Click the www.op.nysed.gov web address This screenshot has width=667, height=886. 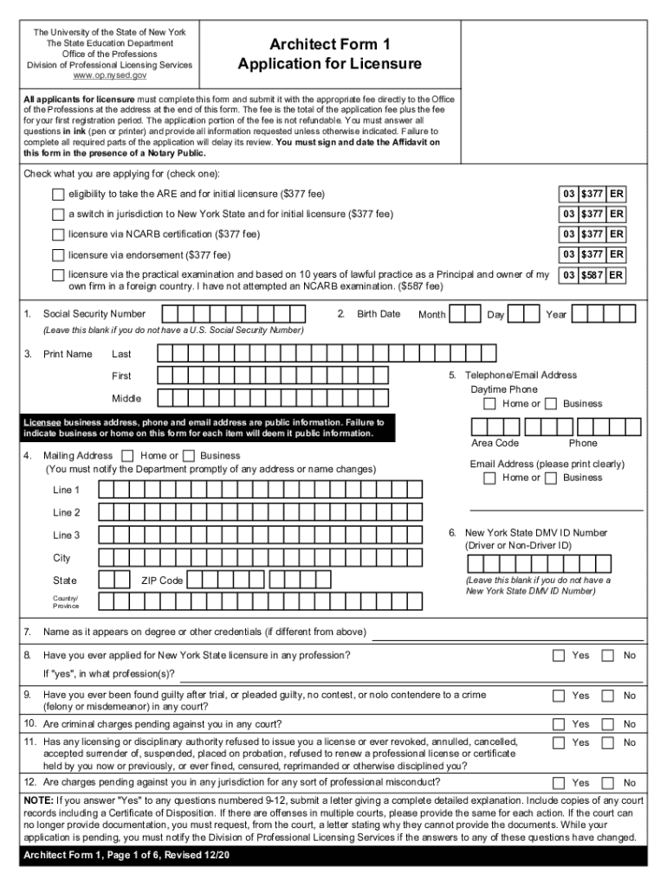109,76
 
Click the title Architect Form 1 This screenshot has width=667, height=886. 330,44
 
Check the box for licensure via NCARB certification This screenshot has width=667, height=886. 58,234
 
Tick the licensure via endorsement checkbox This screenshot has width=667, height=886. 58,255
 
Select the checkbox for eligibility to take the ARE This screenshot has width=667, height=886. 58,193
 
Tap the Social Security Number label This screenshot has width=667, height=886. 94,314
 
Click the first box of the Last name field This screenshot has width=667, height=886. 165,353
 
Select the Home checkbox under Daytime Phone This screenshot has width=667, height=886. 490,404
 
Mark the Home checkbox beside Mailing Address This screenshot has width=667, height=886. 128,456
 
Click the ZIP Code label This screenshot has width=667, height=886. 162,581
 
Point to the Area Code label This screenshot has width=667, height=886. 495,443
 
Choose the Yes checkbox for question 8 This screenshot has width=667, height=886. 559,656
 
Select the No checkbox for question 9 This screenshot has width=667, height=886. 608,696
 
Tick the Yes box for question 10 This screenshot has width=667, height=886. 559,723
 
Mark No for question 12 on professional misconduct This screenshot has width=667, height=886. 608,782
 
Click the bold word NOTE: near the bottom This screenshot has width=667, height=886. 37,800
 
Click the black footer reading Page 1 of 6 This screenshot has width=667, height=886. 121,856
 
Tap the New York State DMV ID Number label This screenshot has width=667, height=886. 536,533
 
